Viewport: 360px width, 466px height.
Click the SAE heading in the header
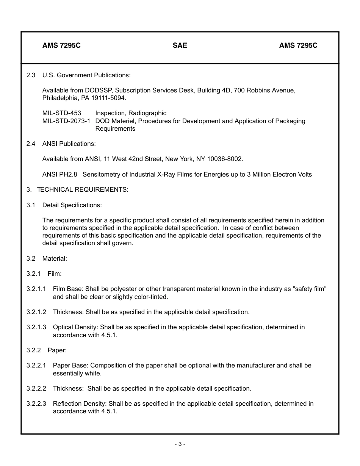[180, 45]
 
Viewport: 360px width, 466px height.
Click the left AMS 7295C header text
[61, 45]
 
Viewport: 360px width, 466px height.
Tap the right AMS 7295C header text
[298, 45]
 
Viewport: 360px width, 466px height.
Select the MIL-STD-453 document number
[62, 113]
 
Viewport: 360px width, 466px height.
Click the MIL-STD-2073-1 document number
[66, 121]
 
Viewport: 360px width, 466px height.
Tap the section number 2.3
[31, 75]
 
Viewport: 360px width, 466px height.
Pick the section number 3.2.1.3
[36, 327]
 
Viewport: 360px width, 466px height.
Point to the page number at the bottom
[180, 444]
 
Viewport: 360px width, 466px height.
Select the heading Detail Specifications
[72, 205]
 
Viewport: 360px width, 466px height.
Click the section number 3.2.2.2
[36, 388]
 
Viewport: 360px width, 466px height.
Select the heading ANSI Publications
[69, 144]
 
